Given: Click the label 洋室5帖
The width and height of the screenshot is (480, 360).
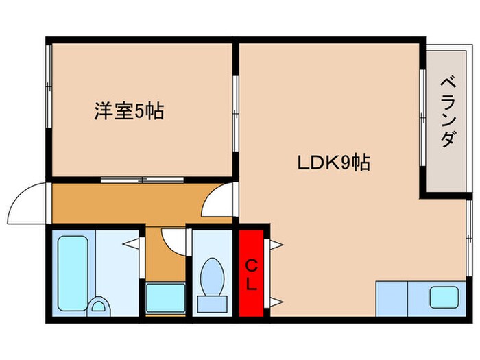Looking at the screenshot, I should [x=128, y=111].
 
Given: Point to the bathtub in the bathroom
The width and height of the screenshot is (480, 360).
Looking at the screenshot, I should [x=70, y=273].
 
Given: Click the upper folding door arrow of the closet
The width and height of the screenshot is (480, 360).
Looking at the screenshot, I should [x=276, y=243].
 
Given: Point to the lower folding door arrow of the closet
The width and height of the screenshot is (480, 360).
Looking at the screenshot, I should [x=276, y=302].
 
